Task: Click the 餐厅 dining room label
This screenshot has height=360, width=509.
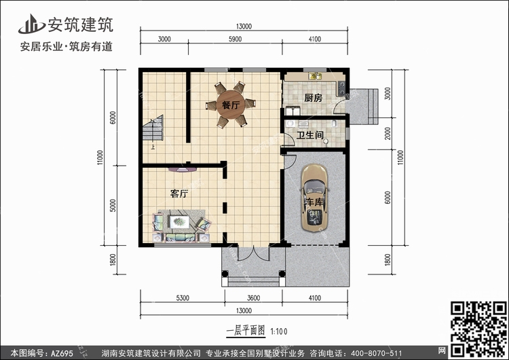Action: [x=231, y=105]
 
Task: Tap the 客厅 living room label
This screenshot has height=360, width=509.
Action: [x=179, y=194]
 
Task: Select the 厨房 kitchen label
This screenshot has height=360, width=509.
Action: [x=314, y=98]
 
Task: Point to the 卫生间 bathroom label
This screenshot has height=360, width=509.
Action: [x=310, y=134]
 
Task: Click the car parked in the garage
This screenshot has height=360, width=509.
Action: [x=314, y=198]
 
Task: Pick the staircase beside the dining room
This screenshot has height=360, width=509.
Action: [x=153, y=128]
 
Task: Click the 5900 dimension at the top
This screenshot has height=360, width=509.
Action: [x=235, y=39]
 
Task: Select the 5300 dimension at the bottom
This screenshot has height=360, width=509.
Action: [x=183, y=298]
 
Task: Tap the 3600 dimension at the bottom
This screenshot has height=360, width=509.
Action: [x=254, y=298]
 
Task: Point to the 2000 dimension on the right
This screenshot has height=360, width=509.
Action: [x=388, y=134]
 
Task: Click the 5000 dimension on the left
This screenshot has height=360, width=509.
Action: [x=113, y=205]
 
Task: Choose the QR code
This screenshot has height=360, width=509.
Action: [x=478, y=329]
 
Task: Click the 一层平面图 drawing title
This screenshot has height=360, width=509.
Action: [x=246, y=331]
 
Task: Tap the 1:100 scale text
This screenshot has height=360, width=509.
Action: [x=279, y=331]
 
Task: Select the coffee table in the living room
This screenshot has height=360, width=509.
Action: [x=179, y=222]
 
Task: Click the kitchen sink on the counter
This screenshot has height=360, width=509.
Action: [x=315, y=76]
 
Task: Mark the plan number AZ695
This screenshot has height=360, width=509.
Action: [x=62, y=353]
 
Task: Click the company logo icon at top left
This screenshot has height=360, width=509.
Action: [x=32, y=24]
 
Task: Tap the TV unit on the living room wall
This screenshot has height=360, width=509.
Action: [x=183, y=169]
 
